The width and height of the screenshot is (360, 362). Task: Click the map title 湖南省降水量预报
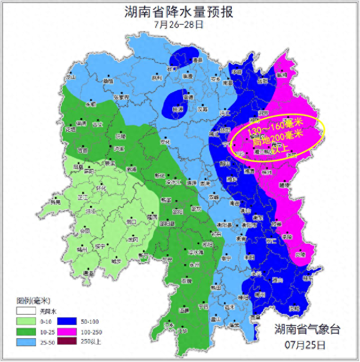click(x=179, y=12)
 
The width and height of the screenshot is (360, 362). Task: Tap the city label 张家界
click(x=121, y=97)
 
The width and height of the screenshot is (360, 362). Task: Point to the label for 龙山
click(x=71, y=77)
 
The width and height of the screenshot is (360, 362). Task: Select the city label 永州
click(x=194, y=265)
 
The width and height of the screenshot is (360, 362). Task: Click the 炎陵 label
click(x=300, y=254)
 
